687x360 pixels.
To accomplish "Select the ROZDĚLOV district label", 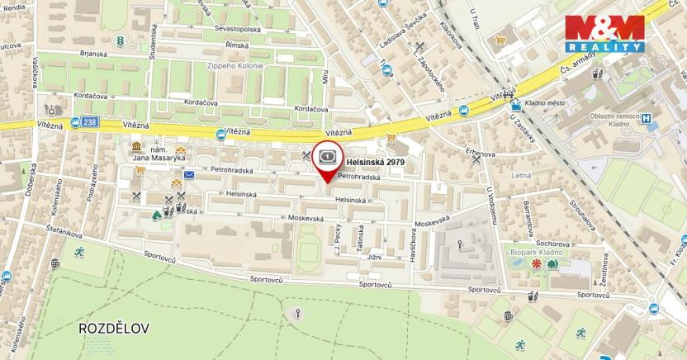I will pyautogui.click(x=114, y=328).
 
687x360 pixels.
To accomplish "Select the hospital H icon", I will pyautogui.click(x=647, y=117).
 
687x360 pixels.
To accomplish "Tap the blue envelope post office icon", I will pyautogui.click(x=189, y=174).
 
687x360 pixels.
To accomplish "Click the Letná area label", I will pyautogui.click(x=521, y=175).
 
